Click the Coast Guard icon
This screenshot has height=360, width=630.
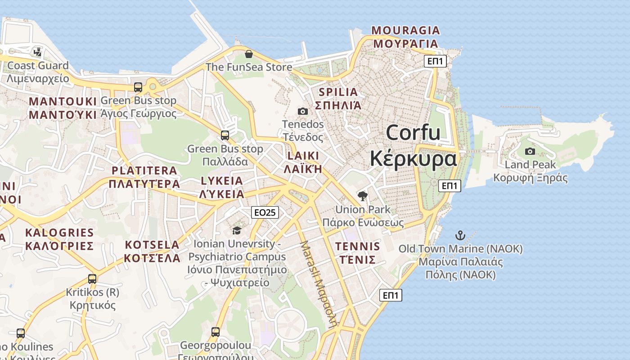tap(38, 52)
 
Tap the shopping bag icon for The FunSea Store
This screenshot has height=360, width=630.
tap(248, 54)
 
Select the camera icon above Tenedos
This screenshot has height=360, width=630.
tap(303, 111)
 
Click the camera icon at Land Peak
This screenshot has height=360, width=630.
tap(530, 151)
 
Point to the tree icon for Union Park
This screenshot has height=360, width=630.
tap(362, 196)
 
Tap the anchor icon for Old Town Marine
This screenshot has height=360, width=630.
tap(460, 235)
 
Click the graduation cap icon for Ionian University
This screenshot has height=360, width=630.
tap(237, 230)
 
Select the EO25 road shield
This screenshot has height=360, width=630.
tap(265, 212)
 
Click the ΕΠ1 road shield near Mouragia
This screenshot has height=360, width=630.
tap(435, 61)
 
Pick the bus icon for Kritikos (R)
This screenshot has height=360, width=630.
tap(92, 279)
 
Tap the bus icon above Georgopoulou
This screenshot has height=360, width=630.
tap(216, 332)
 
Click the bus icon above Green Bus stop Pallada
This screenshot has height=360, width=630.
tap(225, 135)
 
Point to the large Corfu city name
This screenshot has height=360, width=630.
tap(413, 145)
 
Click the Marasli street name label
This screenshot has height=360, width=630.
tap(319, 283)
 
